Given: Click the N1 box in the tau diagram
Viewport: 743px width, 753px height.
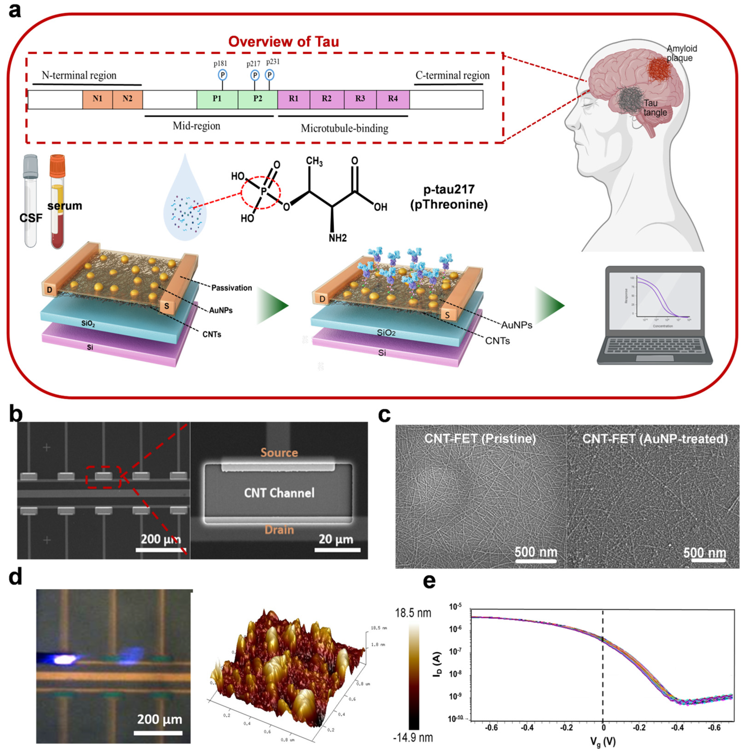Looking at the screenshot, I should click(97, 99).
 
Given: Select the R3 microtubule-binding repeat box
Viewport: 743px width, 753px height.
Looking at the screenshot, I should click(360, 99).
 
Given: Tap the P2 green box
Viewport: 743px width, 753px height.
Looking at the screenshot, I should click(258, 99).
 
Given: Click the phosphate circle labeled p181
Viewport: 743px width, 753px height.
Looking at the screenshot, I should click(222, 75).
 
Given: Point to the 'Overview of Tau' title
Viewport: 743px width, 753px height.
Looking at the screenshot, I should click(283, 42).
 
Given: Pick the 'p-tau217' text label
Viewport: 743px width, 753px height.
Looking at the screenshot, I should click(449, 190).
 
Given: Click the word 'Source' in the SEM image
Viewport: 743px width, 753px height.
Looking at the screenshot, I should click(279, 452).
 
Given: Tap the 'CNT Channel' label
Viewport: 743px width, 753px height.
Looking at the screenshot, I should click(279, 493).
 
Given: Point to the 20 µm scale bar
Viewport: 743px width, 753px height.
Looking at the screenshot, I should click(337, 550).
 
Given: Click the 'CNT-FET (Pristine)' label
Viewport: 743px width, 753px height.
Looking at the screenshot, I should click(480, 439).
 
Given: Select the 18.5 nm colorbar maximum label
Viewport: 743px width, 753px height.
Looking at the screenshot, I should click(413, 613).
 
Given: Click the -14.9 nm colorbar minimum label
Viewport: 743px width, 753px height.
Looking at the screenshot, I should click(413, 738).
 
